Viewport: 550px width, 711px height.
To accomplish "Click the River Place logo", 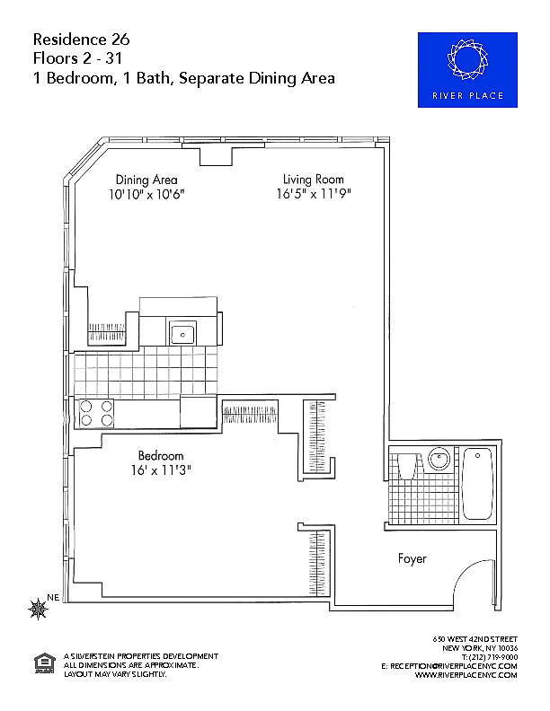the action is (467, 70).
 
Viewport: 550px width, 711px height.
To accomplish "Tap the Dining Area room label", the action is (146, 180).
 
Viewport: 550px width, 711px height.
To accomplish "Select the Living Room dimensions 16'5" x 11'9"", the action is (314, 194).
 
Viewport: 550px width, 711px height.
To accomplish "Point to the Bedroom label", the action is (161, 455).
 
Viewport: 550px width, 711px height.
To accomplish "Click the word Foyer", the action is (412, 558).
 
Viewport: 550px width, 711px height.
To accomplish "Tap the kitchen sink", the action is (182, 333).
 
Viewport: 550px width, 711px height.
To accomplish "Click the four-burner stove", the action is (96, 413).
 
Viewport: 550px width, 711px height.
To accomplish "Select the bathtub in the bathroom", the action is (477, 483).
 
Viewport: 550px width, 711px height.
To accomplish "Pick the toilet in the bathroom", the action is (407, 464).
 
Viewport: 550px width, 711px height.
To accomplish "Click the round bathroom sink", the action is (439, 459).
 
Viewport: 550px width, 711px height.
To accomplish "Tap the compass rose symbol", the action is (38, 609).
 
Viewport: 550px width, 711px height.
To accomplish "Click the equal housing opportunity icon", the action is (44, 663).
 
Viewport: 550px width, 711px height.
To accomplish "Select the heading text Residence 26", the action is (82, 39).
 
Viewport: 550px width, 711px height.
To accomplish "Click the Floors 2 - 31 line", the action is (77, 58).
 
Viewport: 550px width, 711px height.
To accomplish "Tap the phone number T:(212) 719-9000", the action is (490, 657).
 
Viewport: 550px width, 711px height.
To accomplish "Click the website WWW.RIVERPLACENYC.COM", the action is (466, 675).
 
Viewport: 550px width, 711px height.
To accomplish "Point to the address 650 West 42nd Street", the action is (475, 639).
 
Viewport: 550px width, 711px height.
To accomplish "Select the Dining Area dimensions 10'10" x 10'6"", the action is (146, 195).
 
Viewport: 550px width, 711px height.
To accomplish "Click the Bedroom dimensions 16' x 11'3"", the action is (161, 470).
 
